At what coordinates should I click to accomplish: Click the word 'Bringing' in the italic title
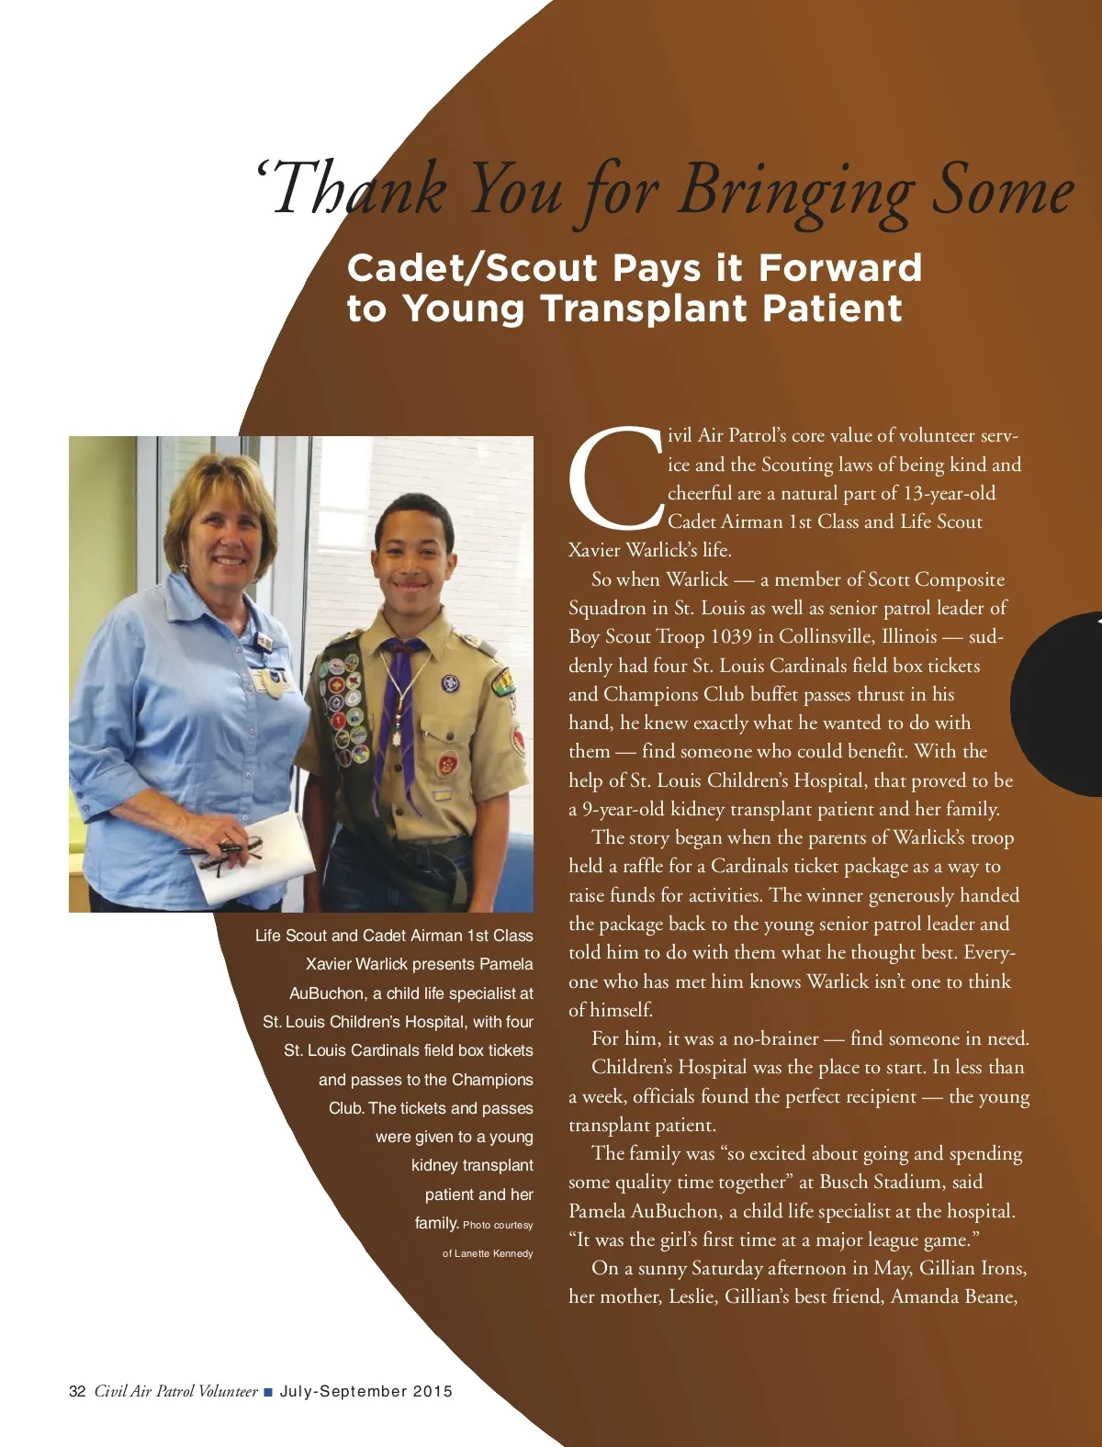tap(795, 190)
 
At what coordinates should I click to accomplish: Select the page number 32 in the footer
tap(77, 1391)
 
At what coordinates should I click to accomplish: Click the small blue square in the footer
tap(268, 1392)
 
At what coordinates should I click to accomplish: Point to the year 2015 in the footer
tap(433, 1391)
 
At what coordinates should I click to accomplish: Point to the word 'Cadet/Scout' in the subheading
tap(472, 268)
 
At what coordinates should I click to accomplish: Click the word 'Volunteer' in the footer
tap(228, 1391)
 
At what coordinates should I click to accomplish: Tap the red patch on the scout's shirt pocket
tap(447, 763)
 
